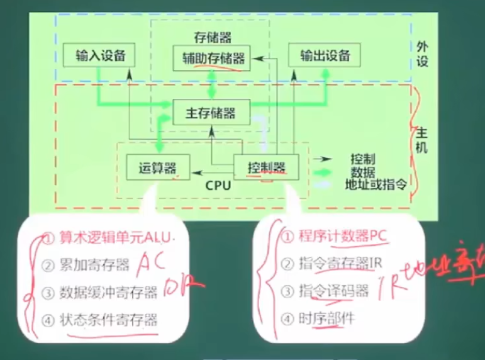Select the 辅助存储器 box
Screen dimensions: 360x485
(x=212, y=57)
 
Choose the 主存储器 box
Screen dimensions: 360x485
(x=211, y=113)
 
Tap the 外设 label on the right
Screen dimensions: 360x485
(x=423, y=54)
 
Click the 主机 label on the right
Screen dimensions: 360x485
(x=423, y=140)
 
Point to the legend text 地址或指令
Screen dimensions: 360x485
(x=376, y=184)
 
